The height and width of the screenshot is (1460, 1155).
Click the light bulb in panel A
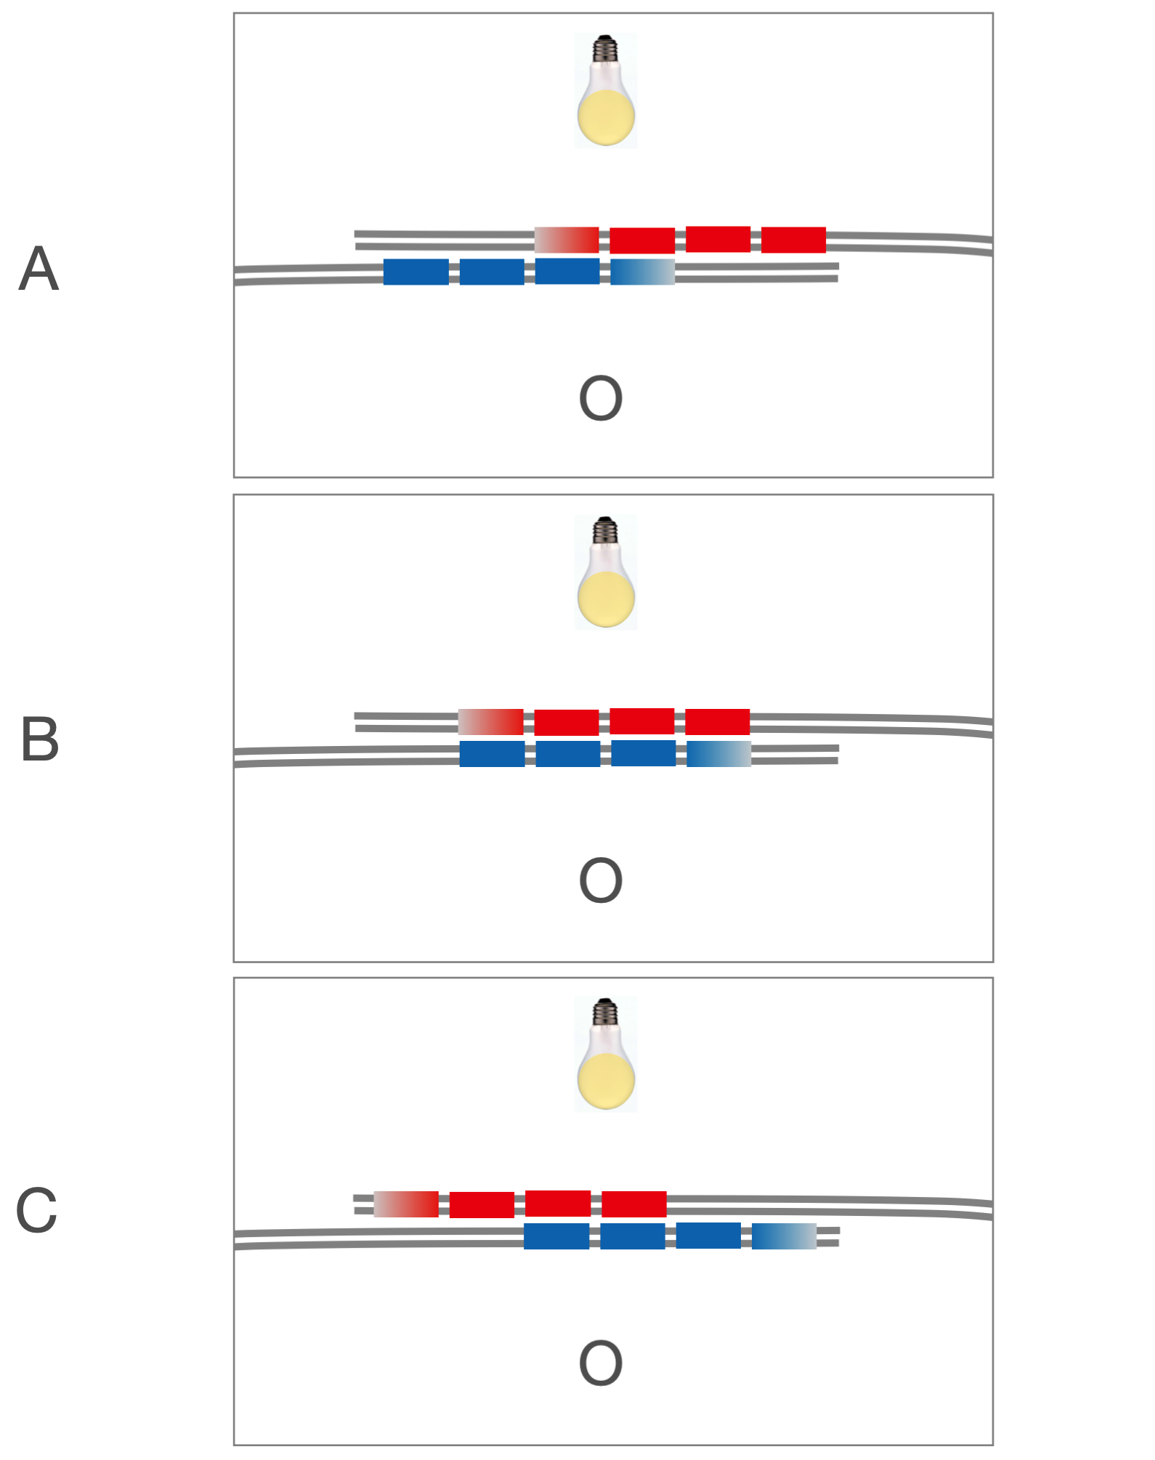point(606,91)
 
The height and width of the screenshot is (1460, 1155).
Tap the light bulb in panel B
point(606,572)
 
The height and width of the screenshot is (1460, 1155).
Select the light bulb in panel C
point(606,1055)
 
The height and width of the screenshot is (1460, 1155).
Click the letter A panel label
point(38,269)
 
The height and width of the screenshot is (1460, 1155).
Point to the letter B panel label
point(40,739)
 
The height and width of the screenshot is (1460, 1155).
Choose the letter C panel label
point(36,1210)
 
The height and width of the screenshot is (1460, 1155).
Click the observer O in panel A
point(601,398)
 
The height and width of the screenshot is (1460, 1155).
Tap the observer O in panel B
point(601,880)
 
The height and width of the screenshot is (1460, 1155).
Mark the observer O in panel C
point(601,1363)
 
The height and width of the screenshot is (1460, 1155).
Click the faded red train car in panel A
point(567,240)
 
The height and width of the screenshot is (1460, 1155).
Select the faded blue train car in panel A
point(642,272)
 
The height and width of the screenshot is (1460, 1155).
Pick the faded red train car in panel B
point(491,722)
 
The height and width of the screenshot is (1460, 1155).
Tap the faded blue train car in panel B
point(718,754)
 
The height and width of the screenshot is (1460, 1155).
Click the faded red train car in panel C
point(406,1204)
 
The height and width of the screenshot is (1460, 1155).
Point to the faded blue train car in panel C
point(784,1236)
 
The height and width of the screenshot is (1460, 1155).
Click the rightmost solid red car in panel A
point(793,240)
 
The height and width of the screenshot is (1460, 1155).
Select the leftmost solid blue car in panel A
point(416,272)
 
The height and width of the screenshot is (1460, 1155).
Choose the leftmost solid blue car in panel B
point(493,754)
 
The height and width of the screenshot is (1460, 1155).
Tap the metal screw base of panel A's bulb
point(605,48)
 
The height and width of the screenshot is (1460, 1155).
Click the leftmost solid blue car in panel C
point(556,1236)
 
